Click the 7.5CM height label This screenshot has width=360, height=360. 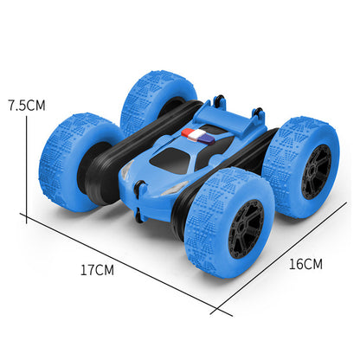(x=26, y=105)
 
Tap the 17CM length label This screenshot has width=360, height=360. (x=97, y=269)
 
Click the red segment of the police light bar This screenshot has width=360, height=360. (x=188, y=132)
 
